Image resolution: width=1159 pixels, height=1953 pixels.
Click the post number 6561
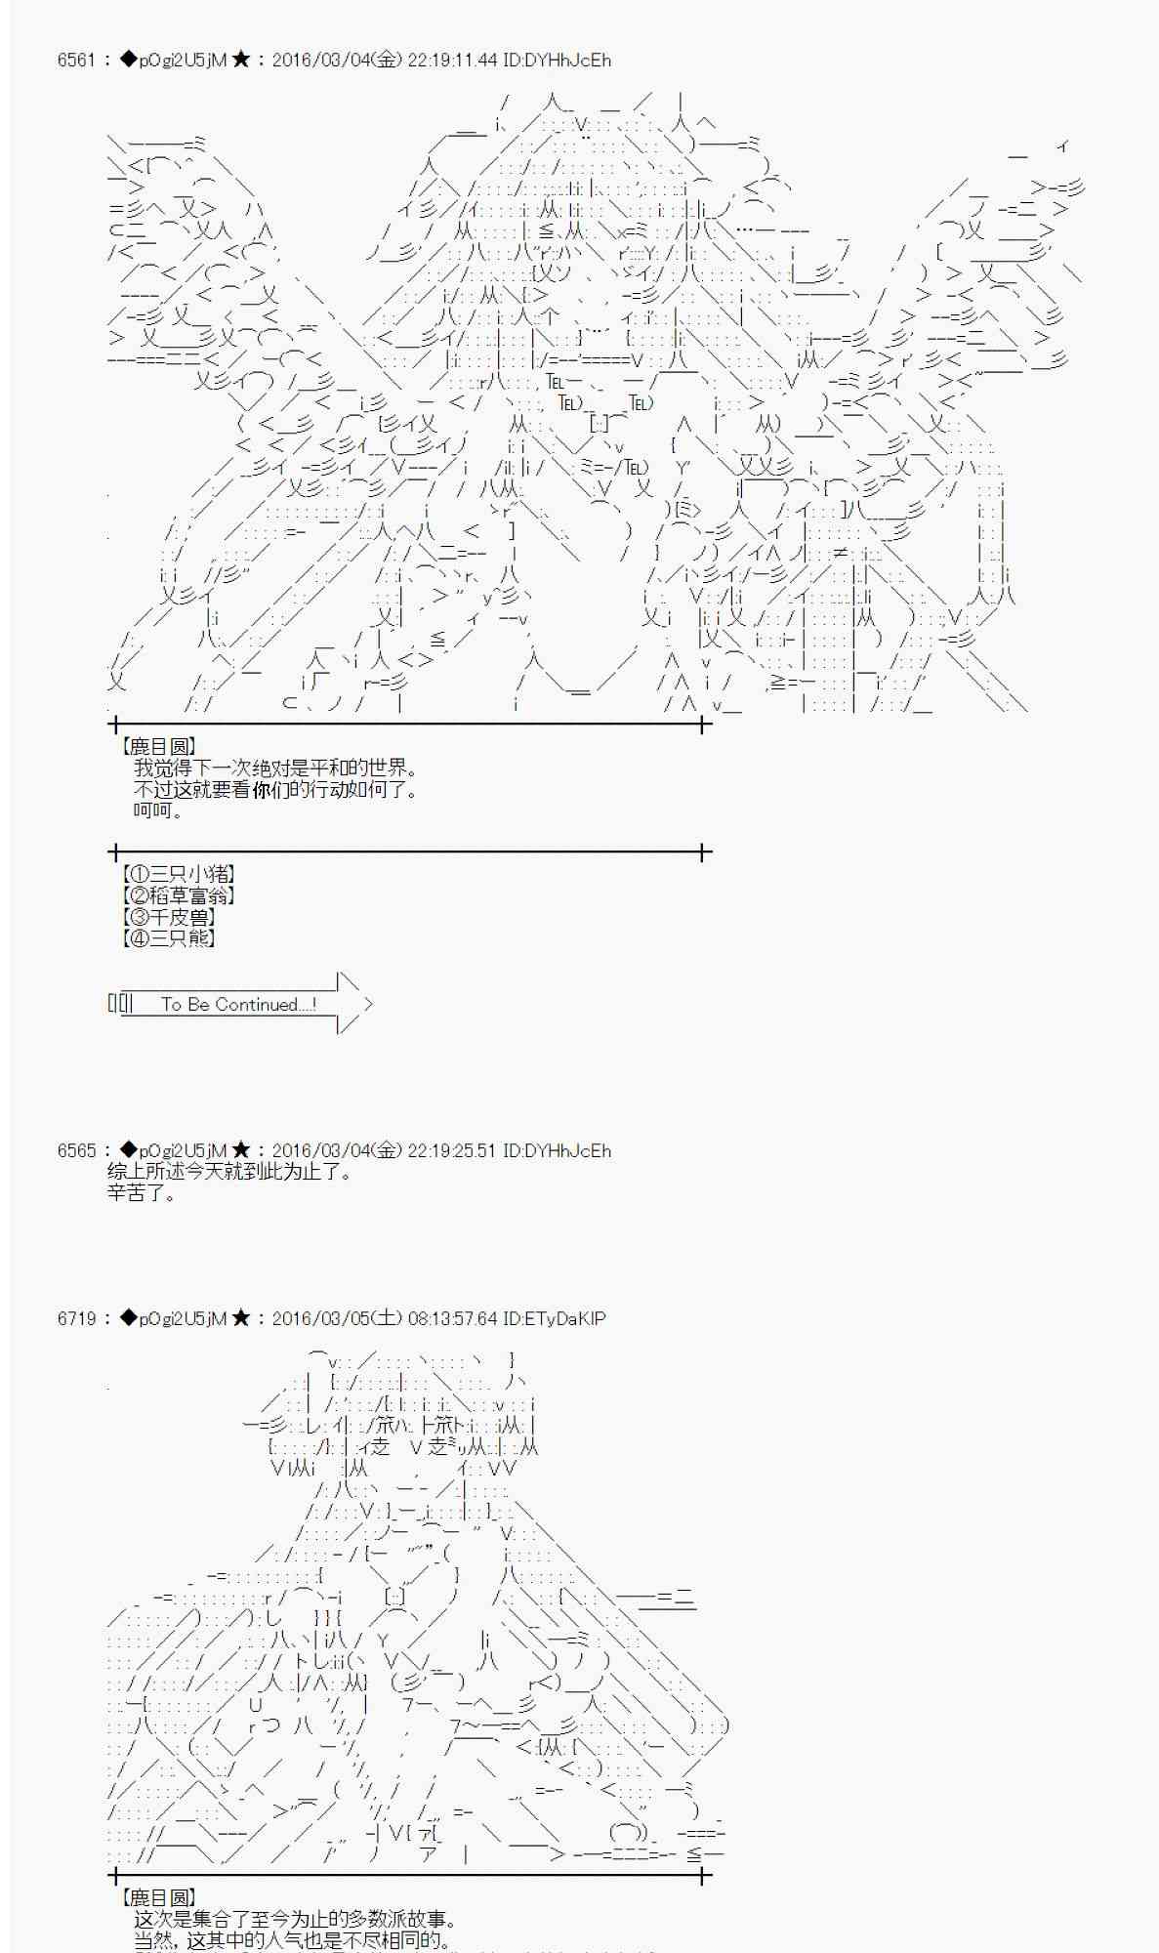[76, 60]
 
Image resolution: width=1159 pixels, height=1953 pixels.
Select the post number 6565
[76, 1150]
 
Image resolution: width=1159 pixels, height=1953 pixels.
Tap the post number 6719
[76, 1318]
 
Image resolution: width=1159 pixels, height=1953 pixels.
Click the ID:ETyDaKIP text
[554, 1318]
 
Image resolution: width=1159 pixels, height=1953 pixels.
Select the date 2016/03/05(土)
[336, 1318]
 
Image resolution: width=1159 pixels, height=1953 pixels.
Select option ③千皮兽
[168, 917]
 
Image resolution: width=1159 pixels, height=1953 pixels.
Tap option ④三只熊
[168, 938]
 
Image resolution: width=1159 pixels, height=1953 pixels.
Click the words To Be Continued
[237, 1004]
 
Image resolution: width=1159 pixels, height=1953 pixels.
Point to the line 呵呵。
[158, 810]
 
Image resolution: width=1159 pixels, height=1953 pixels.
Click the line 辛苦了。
[142, 1192]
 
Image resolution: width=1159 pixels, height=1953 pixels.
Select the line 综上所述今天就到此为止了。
[229, 1171]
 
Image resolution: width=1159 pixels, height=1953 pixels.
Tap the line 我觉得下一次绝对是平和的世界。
[276, 769]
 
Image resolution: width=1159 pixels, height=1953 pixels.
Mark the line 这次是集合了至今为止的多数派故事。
[295, 1919]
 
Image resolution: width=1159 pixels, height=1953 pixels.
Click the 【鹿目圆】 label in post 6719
[157, 1897]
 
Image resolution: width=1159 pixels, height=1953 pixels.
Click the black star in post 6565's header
[241, 1150]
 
